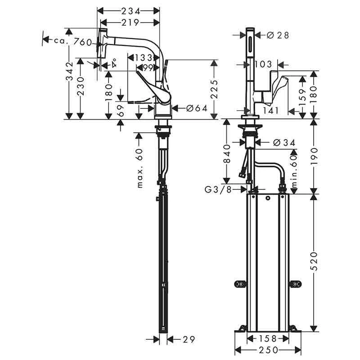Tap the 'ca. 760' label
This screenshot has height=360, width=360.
point(73,42)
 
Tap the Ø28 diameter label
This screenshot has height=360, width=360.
point(277,35)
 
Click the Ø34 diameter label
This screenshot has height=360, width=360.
point(284,143)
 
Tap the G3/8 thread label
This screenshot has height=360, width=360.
point(219,190)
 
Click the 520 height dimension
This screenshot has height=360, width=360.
point(314,261)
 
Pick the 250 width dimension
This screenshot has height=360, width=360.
point(267,350)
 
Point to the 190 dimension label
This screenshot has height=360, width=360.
point(314,156)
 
